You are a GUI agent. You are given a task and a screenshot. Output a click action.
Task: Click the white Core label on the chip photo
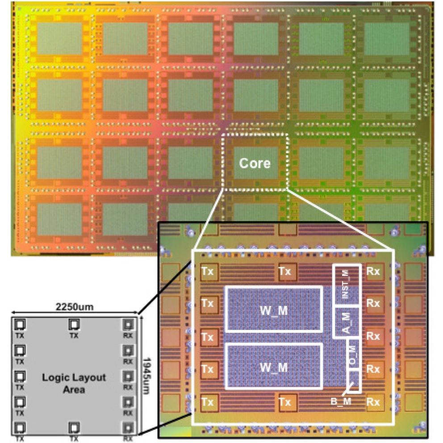click(x=255, y=163)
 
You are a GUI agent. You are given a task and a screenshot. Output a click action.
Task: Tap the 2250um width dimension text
click(x=75, y=307)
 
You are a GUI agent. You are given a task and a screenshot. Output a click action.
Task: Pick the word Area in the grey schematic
click(x=74, y=390)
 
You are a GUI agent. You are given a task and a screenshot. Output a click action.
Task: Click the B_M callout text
click(x=340, y=401)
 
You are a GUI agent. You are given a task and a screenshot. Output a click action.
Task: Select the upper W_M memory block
click(x=273, y=309)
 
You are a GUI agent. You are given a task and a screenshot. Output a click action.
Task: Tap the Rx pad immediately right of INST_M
click(x=373, y=271)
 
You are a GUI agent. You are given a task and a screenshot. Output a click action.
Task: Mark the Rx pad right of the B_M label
click(x=373, y=402)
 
